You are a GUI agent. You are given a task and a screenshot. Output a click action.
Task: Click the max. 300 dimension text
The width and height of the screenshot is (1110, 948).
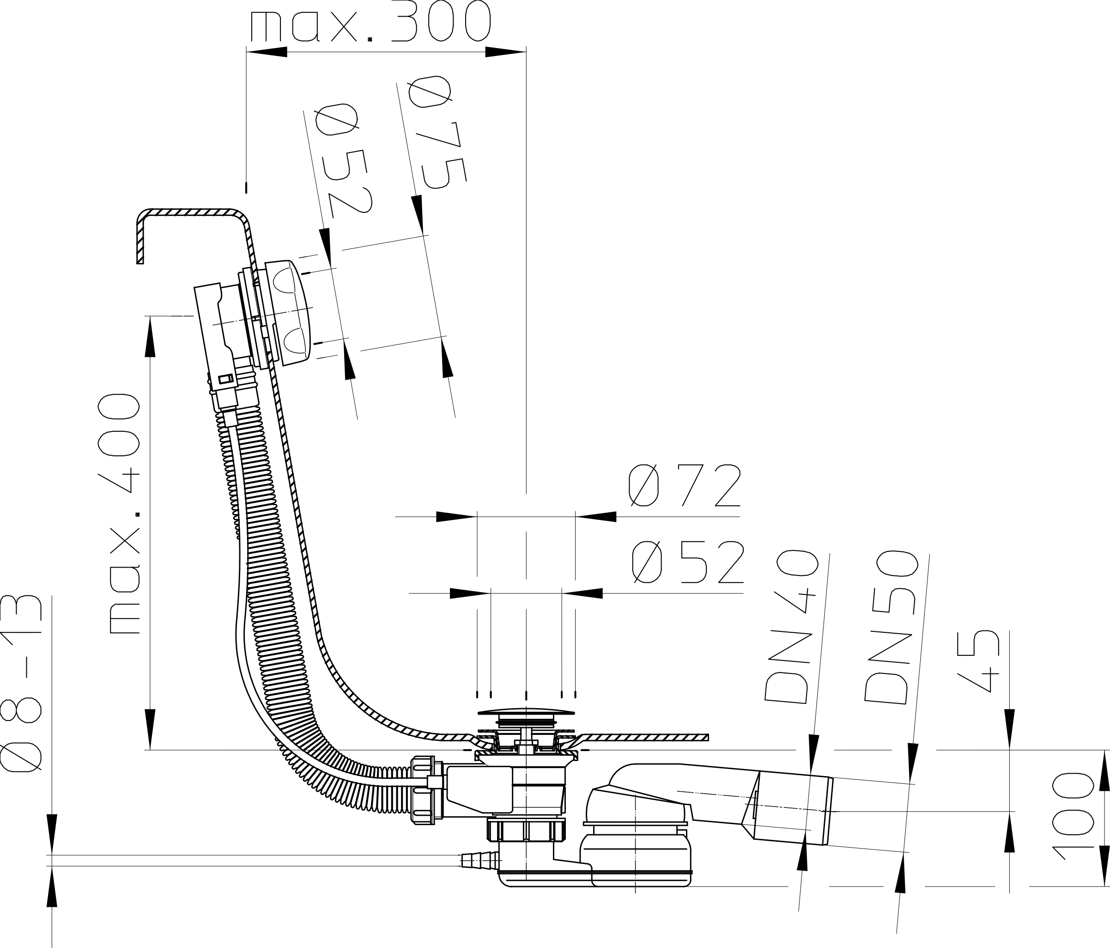pos(370,21)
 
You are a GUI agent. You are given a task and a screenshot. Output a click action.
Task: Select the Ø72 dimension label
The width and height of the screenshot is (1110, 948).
pos(685,485)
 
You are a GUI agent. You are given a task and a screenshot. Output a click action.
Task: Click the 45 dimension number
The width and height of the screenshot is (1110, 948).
pos(978,661)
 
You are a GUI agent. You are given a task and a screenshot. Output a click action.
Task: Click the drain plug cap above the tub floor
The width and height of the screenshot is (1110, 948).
pos(526,713)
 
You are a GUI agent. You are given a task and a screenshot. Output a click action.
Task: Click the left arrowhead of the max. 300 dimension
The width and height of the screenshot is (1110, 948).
pos(266,52)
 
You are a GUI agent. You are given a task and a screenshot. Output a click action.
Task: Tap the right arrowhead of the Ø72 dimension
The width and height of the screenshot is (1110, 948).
pos(596,517)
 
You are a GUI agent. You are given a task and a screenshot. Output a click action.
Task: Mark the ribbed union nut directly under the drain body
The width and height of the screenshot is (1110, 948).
pos(526,830)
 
